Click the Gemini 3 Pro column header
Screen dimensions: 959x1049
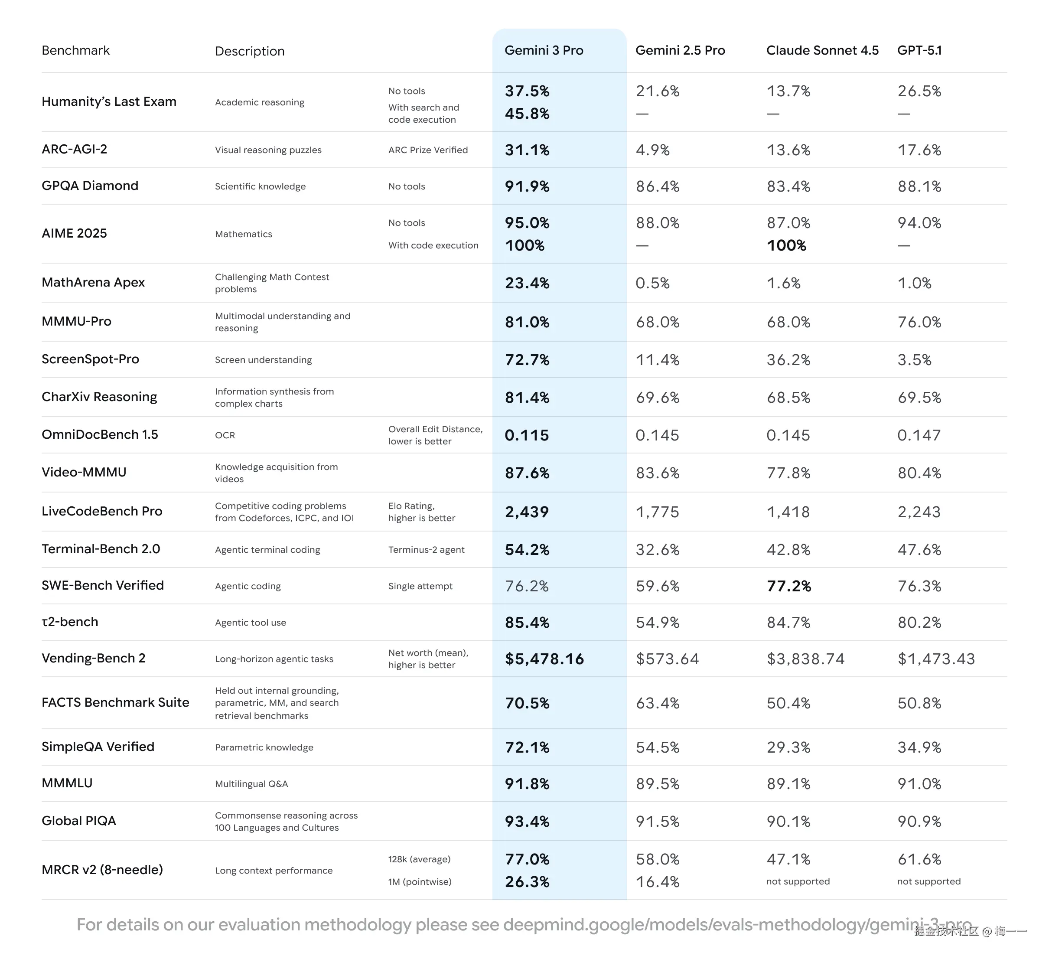(x=544, y=50)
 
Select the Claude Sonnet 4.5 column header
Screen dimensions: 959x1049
(x=822, y=50)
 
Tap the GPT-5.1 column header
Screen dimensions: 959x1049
(x=919, y=50)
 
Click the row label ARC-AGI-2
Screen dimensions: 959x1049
(x=75, y=149)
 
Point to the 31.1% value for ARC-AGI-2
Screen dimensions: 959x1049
(x=527, y=150)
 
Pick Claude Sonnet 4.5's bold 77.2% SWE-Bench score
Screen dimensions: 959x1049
(x=789, y=587)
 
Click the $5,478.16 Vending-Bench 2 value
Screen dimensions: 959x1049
(x=544, y=659)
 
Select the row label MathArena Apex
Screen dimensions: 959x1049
(x=93, y=283)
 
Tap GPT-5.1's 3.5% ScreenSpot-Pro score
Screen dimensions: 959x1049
(x=914, y=360)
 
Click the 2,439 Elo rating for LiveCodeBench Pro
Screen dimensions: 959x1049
(x=527, y=512)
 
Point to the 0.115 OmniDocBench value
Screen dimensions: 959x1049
(x=527, y=436)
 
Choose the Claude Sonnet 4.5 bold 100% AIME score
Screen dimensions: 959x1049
(x=786, y=246)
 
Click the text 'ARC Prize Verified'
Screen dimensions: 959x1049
(x=428, y=150)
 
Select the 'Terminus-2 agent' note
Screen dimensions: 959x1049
(x=426, y=550)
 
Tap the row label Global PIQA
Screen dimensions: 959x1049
(x=78, y=821)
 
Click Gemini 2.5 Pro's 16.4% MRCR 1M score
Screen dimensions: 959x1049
(x=658, y=882)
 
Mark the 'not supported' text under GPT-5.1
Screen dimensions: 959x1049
(x=929, y=881)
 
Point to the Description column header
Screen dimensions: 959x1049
(x=250, y=51)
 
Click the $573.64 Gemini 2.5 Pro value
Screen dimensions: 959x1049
(x=667, y=659)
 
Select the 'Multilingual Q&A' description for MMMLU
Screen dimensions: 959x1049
(x=251, y=784)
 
